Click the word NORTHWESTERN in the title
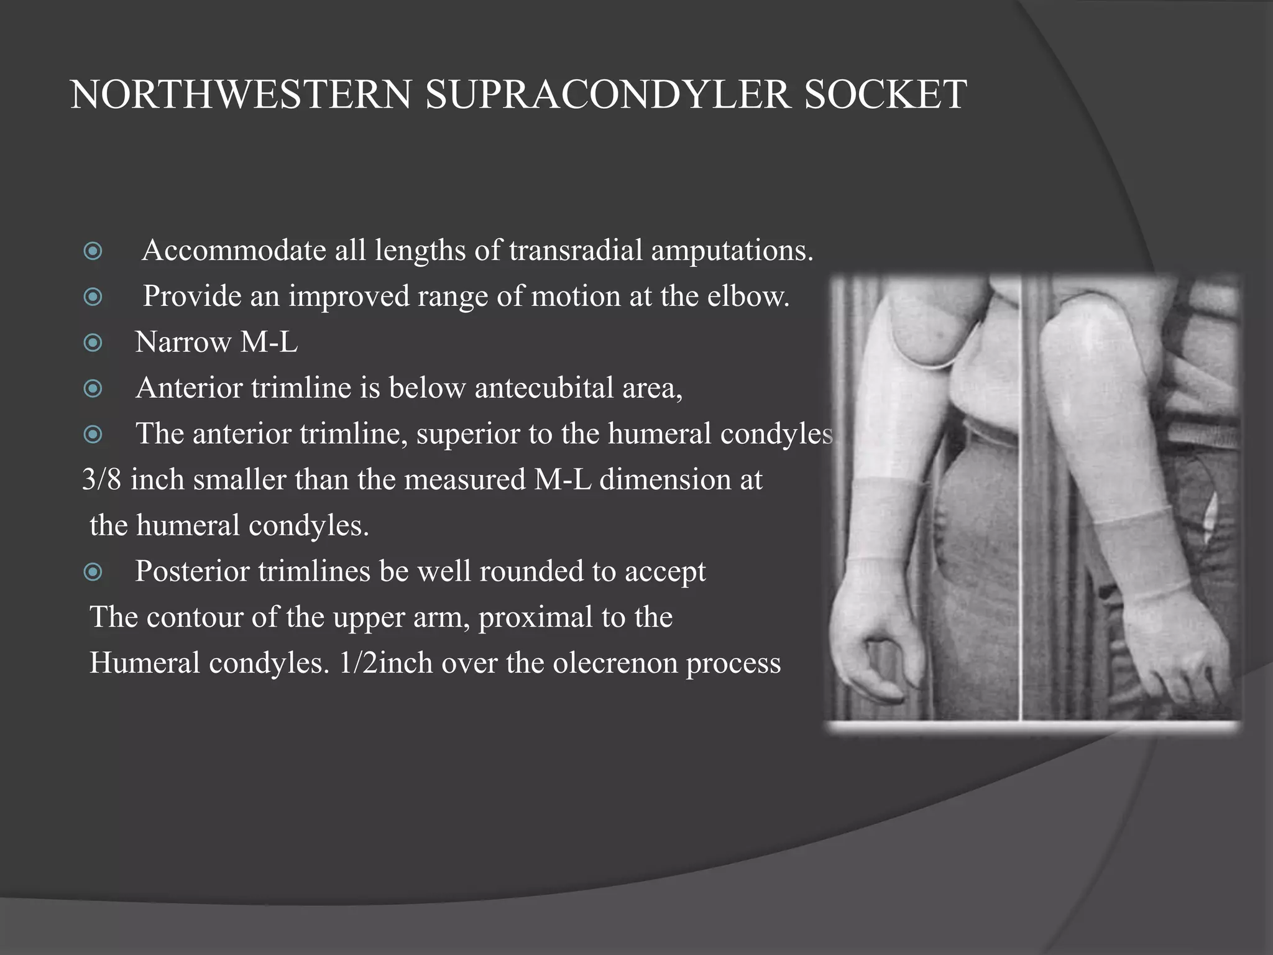[x=241, y=95]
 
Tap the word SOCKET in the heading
[x=885, y=95]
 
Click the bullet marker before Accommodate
[x=93, y=251]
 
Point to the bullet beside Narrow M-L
[x=93, y=343]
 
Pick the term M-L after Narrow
[x=269, y=342]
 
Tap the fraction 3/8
[x=102, y=480]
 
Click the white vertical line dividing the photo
[x=1021, y=497]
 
